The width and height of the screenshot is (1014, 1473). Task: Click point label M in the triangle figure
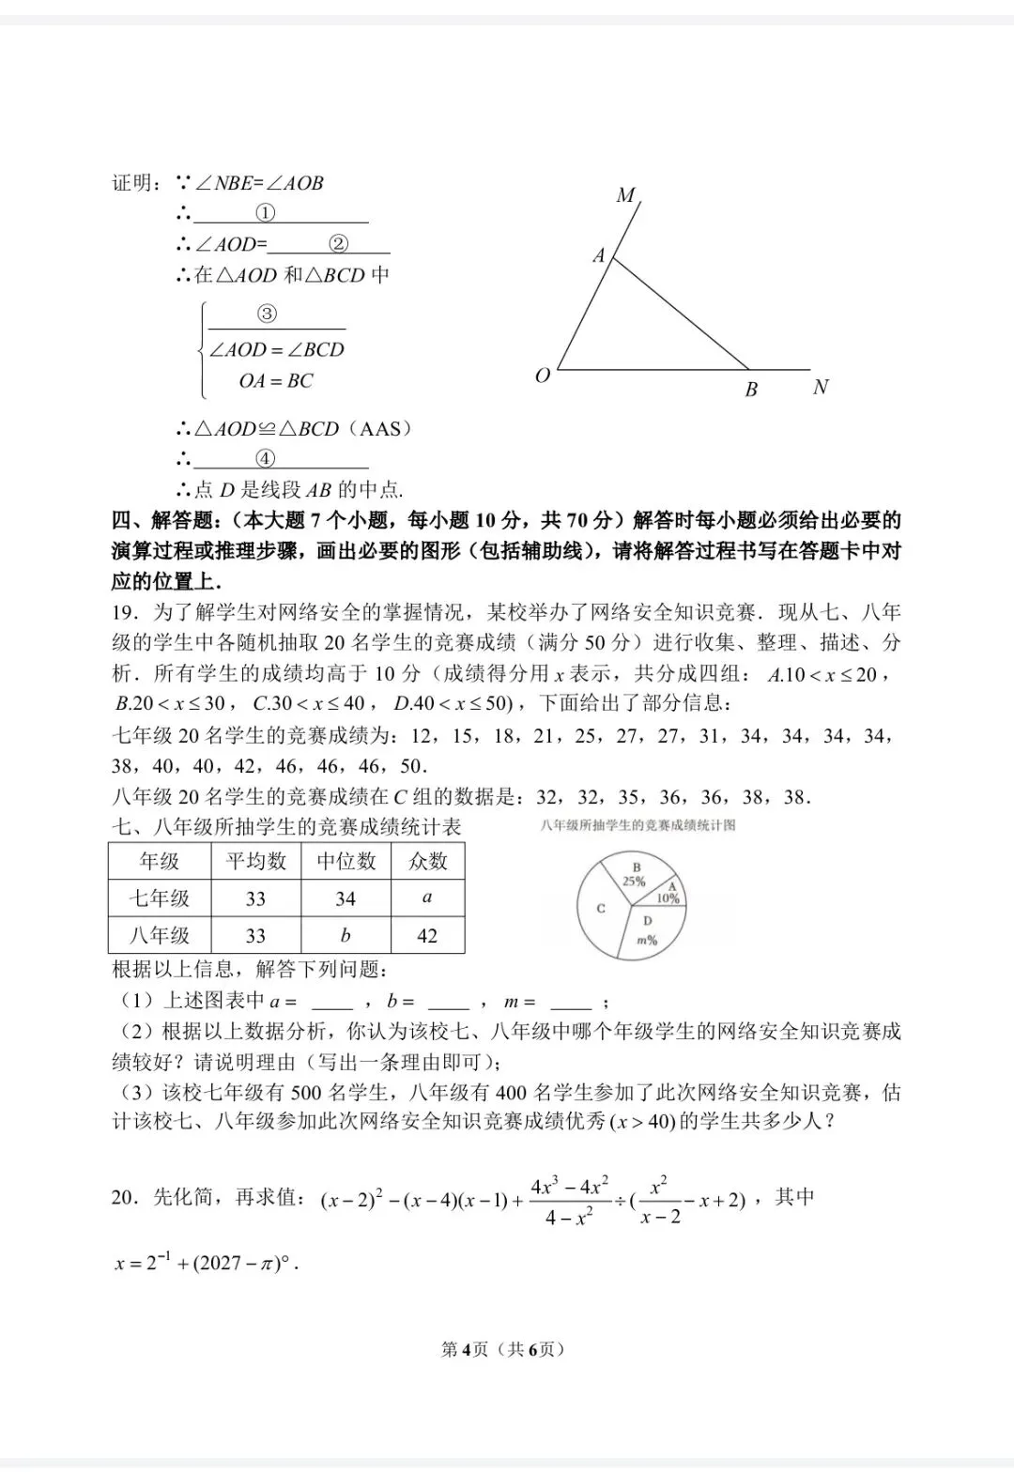point(625,195)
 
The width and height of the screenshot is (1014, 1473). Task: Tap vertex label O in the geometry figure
point(543,376)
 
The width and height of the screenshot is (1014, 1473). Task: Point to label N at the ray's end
point(821,387)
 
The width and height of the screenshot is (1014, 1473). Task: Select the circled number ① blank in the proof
point(266,213)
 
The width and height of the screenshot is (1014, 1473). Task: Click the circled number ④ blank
point(266,459)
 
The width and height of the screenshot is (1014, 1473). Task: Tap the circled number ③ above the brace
point(267,315)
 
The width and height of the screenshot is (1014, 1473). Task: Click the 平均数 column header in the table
point(255,861)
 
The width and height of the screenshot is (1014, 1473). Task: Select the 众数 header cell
point(427,861)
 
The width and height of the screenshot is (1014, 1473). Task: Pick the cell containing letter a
point(427,898)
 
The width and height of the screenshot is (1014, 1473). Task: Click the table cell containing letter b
point(346,935)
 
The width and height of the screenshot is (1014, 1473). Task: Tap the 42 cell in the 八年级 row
point(427,935)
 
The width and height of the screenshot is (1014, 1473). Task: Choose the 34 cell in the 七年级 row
point(346,898)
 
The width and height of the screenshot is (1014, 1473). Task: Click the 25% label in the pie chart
point(635,882)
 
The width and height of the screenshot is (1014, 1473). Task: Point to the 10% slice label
point(668,898)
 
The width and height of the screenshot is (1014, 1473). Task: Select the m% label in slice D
point(647,940)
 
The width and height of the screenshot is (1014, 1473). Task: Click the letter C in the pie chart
point(601,908)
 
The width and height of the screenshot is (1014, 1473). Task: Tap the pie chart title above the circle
point(638,825)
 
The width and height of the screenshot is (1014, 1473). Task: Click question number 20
point(125,1197)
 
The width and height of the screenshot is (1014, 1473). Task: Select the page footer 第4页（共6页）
point(503,1350)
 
